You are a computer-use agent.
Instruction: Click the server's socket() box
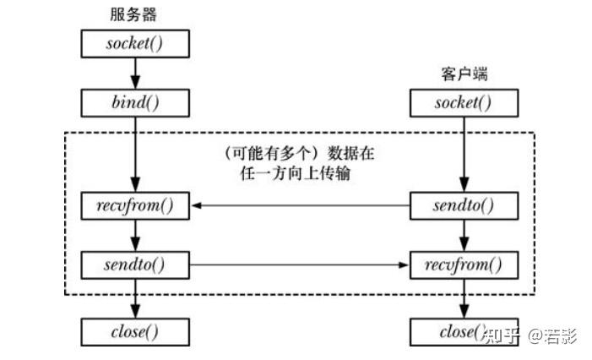pos(135,42)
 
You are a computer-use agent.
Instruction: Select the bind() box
pos(135,103)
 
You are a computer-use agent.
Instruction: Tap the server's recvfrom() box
pos(135,205)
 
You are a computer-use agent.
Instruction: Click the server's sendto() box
pos(135,265)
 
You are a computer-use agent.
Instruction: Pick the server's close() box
pos(135,331)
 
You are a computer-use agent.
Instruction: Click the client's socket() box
pos(463,103)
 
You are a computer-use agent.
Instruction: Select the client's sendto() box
pos(463,205)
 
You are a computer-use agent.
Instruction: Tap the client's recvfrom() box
pos(463,265)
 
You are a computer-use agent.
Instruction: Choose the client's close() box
pos(463,331)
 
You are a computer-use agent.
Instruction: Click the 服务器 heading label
pos(134,14)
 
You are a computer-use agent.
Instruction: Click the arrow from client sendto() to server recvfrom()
pos(300,205)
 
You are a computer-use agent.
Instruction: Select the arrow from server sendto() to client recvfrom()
pos(300,265)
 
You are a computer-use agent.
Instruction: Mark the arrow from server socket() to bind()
pos(135,73)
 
